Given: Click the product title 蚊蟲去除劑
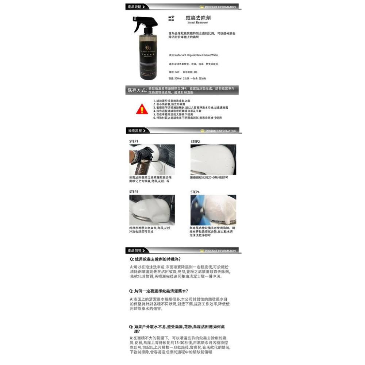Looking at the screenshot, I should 198,18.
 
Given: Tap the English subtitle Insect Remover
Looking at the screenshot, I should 197,23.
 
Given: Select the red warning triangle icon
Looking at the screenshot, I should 142,109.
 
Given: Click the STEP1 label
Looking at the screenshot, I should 134,141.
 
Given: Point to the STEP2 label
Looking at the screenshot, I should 195,142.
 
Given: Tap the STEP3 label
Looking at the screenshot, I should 134,192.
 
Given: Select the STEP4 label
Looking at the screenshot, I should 195,192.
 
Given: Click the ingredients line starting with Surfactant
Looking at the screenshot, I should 193,55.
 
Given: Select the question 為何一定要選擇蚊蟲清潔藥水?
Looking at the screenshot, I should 159,291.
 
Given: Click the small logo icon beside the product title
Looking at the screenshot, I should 171,18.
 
